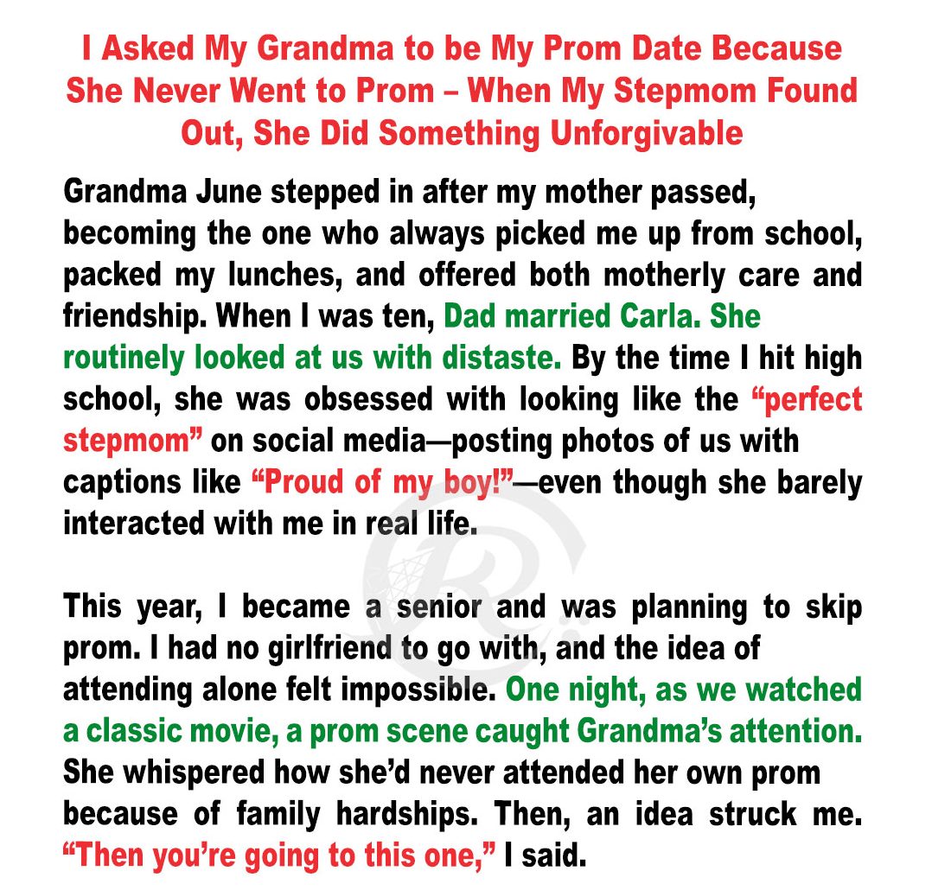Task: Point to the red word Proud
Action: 310,482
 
